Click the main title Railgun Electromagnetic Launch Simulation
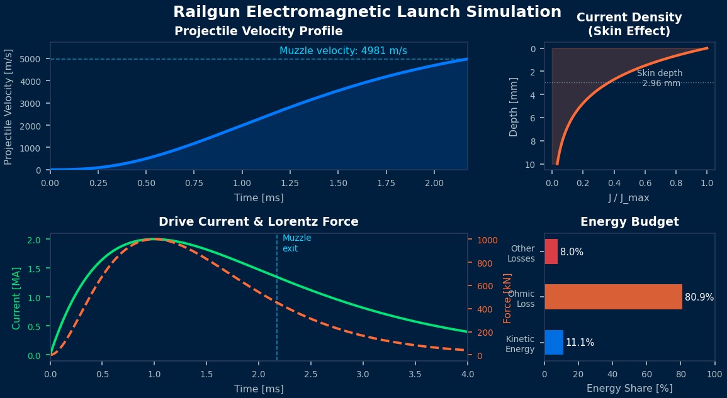pyautogui.click(x=367, y=12)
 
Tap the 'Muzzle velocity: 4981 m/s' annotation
pyautogui.click(x=343, y=51)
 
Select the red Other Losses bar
pyautogui.click(x=551, y=252)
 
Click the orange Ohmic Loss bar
pyautogui.click(x=613, y=297)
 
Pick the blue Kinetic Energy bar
pyautogui.click(x=554, y=343)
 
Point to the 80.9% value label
pyautogui.click(x=699, y=297)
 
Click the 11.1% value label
pyautogui.click(x=580, y=343)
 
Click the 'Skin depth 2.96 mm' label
pyautogui.click(x=660, y=79)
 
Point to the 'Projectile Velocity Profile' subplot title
pyautogui.click(x=258, y=31)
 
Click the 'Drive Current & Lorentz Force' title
pyautogui.click(x=258, y=222)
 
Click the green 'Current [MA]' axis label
pyautogui.click(x=17, y=297)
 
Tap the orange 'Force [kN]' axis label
pyautogui.click(x=507, y=297)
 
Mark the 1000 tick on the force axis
pyautogui.click(x=487, y=240)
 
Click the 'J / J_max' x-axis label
pyautogui.click(x=629, y=198)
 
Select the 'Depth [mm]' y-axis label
pyautogui.click(x=514, y=106)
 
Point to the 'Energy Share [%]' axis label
pyautogui.click(x=629, y=389)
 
